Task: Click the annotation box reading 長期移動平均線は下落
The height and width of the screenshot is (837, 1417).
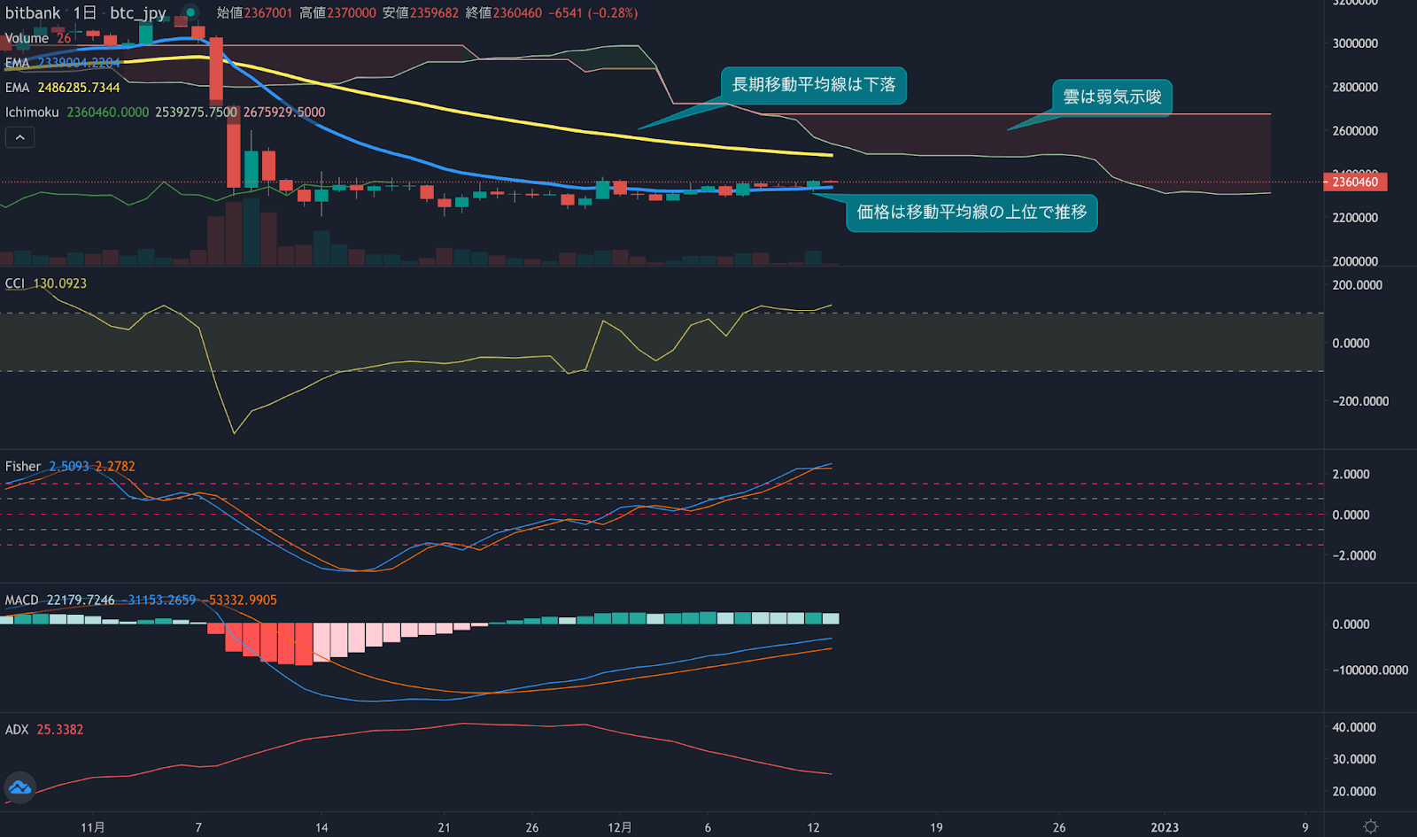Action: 813,85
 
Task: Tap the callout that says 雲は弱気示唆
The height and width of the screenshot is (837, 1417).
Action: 1111,97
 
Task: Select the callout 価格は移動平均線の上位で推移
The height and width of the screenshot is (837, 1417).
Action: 972,213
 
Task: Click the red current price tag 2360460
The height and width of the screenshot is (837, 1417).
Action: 1355,182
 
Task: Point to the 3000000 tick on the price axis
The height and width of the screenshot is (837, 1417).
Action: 1355,43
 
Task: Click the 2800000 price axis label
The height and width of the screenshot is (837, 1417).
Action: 1355,87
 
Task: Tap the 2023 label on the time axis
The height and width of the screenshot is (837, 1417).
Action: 1164,827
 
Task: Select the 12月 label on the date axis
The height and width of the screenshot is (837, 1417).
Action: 619,827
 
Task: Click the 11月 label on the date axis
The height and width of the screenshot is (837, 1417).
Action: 92,827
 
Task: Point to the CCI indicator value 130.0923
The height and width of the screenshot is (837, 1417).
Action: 60,283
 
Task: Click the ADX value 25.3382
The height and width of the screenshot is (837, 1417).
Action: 60,730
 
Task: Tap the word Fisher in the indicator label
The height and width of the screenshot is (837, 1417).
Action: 23,467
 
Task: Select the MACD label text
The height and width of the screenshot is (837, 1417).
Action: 22,601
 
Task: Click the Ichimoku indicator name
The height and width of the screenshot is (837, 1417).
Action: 32,112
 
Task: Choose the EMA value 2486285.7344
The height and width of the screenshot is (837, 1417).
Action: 79,88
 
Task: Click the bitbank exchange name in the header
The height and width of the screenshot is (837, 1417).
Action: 33,13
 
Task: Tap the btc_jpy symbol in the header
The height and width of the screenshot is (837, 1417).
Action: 138,13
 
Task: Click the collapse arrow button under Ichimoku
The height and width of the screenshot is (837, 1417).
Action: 19,137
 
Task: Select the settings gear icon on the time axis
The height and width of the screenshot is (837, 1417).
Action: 1370,826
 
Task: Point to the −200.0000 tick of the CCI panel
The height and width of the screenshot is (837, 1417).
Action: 1360,401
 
